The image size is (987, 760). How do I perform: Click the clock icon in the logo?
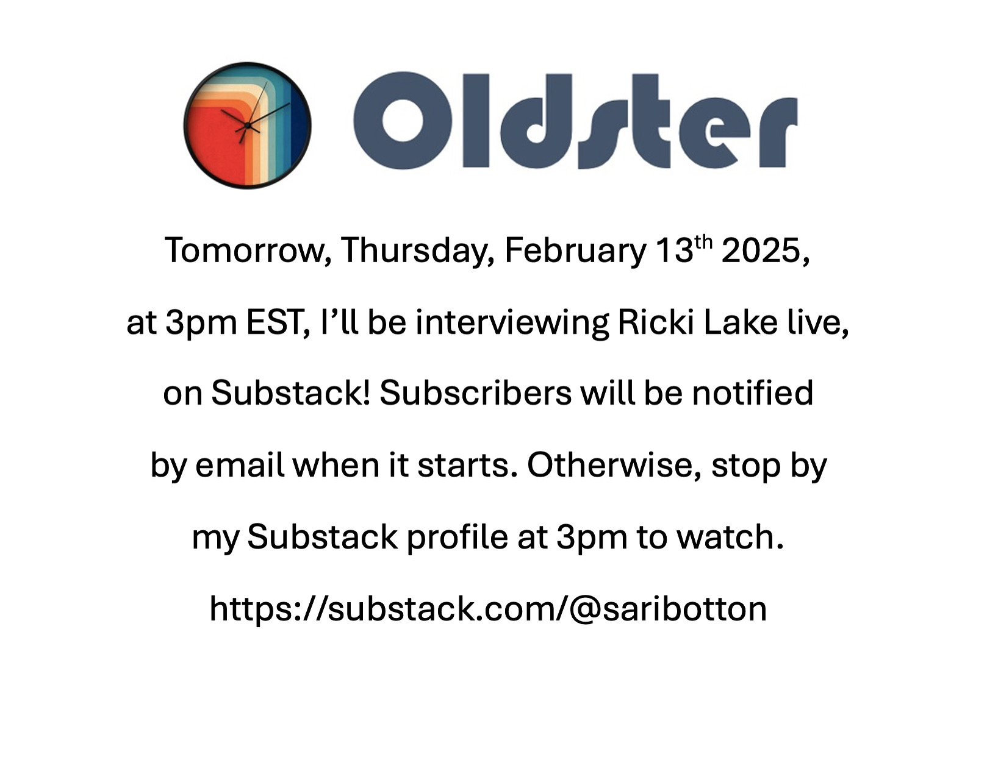pos(247,126)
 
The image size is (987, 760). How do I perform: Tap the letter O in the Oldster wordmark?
pos(403,121)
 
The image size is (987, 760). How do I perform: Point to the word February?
pos(575,250)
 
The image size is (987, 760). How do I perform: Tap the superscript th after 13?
pos(703,243)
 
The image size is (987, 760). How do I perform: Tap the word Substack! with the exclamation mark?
pos(291,393)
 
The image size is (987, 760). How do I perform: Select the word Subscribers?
pos(476,393)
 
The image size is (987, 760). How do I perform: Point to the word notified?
pos(753,393)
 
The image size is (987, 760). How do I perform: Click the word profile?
pos(458,537)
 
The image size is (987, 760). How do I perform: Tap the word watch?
pos(730,536)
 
